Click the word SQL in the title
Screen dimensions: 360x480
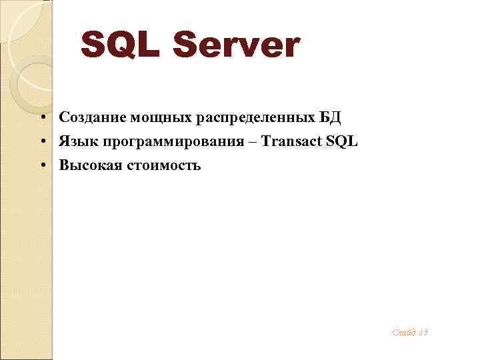[123, 45]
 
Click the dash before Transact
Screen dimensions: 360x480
[253, 141]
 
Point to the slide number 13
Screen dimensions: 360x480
[423, 331]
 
